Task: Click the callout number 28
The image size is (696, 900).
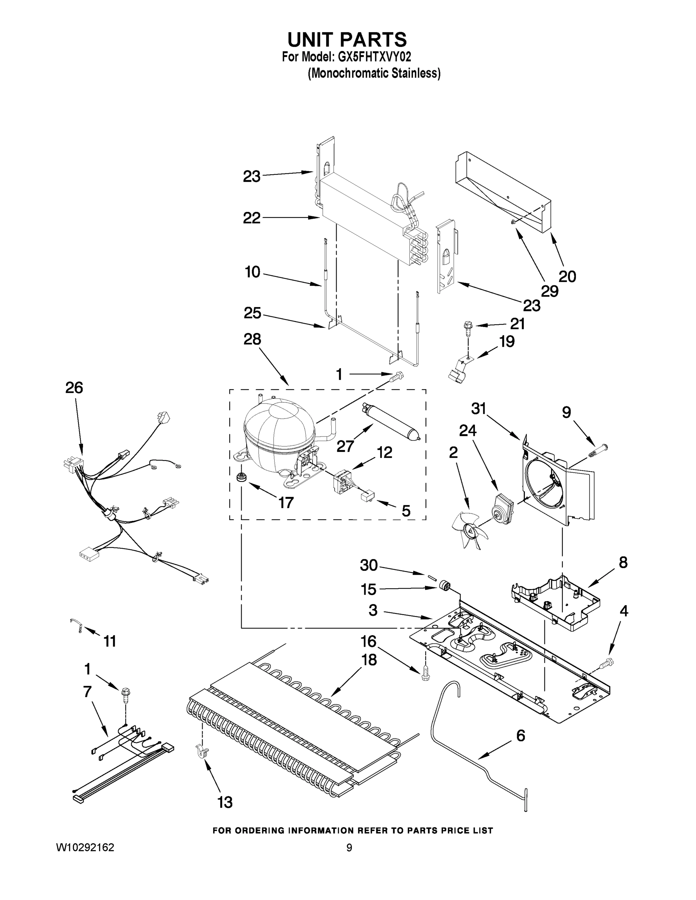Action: pyautogui.click(x=252, y=339)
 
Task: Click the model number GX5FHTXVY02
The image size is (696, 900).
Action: pyautogui.click(x=375, y=57)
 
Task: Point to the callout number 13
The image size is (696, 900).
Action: pyautogui.click(x=225, y=802)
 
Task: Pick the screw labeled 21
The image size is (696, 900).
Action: pyautogui.click(x=468, y=328)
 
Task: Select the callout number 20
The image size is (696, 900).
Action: pyautogui.click(x=567, y=276)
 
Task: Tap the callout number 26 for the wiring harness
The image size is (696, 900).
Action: pyautogui.click(x=74, y=388)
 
